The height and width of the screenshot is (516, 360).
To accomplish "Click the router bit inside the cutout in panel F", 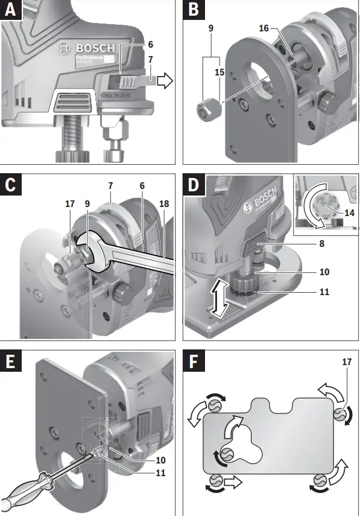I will click(x=227, y=454).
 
